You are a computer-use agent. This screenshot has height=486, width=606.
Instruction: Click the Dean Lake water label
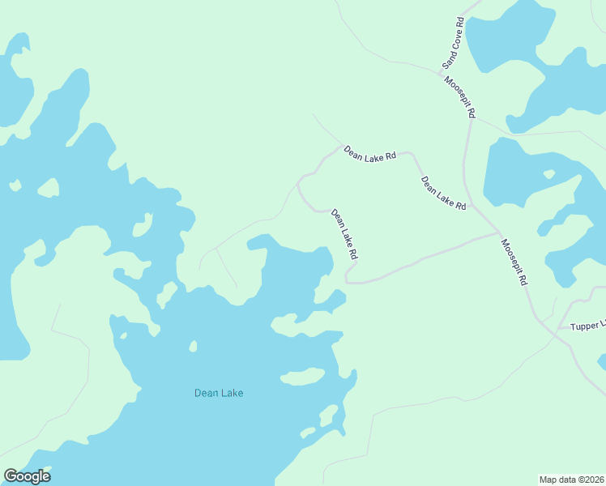coord(219,394)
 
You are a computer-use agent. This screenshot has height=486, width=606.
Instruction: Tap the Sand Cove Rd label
coord(452,42)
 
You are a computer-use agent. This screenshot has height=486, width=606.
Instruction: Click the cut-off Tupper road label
coord(587,326)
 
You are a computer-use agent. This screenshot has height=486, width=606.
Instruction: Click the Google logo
coord(27,476)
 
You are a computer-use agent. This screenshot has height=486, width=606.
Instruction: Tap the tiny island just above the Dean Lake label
coord(193,347)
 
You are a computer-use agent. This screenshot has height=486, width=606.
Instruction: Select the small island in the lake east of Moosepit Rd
coord(549,173)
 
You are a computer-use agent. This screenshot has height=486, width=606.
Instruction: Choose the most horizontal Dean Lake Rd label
coord(369,152)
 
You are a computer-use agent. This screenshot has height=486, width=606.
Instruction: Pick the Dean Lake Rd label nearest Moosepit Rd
coord(443,194)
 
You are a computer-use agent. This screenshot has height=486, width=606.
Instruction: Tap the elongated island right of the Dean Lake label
coord(302,377)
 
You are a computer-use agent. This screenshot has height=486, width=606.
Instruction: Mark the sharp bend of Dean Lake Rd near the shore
coord(348,279)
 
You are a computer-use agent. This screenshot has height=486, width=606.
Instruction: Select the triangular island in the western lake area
coord(48,188)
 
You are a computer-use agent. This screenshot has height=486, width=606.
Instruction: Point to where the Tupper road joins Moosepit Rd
coord(557,329)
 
